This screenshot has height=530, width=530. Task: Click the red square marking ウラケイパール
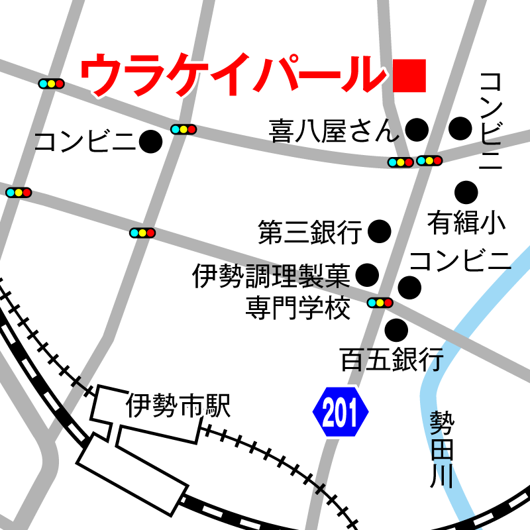(x=408, y=76)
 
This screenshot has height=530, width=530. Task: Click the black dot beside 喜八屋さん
(x=416, y=130)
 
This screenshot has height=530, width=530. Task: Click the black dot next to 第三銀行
(x=380, y=231)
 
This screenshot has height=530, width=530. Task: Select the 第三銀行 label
(x=310, y=232)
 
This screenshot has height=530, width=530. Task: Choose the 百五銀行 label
(x=391, y=360)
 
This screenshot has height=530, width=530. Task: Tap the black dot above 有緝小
(x=466, y=192)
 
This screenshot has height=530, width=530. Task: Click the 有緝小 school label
(x=466, y=223)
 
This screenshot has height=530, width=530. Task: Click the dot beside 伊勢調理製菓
(x=367, y=273)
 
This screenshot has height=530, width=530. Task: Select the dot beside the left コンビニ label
(x=151, y=140)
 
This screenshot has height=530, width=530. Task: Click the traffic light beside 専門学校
(x=380, y=303)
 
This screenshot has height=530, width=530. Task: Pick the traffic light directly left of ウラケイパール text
(x=51, y=83)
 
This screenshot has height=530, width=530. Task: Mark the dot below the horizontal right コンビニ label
(x=409, y=288)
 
